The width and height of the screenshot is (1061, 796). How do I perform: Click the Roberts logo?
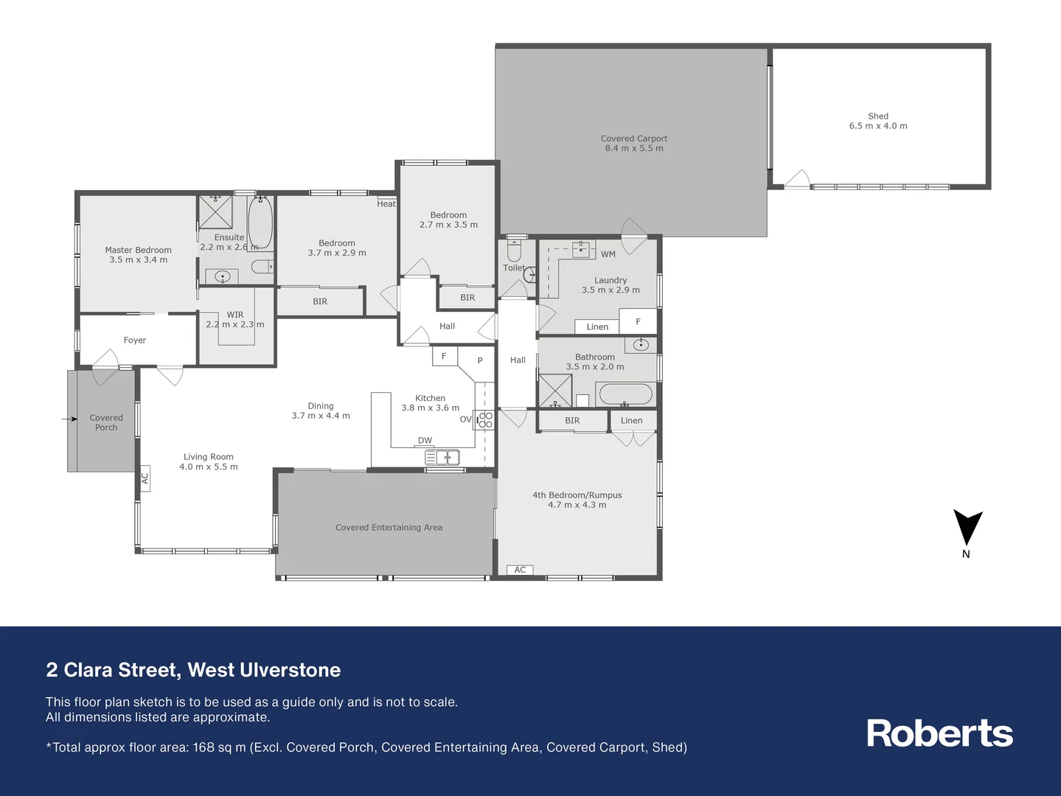[x=939, y=733]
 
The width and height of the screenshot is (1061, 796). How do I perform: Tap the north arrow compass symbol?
[x=967, y=528]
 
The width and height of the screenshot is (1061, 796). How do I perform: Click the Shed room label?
[x=878, y=121]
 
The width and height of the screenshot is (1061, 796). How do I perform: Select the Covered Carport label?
[x=634, y=143]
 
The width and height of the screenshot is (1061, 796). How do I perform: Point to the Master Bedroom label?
[x=138, y=254]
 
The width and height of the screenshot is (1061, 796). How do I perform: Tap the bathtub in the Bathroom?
[x=625, y=394]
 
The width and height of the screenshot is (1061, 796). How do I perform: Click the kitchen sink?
[x=442, y=458]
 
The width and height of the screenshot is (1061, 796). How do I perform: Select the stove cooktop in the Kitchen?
[x=485, y=420]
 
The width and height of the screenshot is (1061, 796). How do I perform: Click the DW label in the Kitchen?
[x=425, y=441]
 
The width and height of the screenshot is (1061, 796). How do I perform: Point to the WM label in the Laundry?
[x=608, y=254]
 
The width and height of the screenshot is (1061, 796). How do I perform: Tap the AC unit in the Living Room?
[x=145, y=478]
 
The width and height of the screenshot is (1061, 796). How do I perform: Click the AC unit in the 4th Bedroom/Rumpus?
[x=520, y=570]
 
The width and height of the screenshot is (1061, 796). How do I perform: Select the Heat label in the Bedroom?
[x=386, y=204]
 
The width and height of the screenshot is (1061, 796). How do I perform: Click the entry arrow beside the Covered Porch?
[x=69, y=419]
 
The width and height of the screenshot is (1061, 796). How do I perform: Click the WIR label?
[x=235, y=315]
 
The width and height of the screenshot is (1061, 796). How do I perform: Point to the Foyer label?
[x=135, y=340]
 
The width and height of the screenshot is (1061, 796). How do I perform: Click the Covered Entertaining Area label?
[x=389, y=527]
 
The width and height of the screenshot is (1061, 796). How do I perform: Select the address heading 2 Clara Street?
[x=193, y=670]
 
